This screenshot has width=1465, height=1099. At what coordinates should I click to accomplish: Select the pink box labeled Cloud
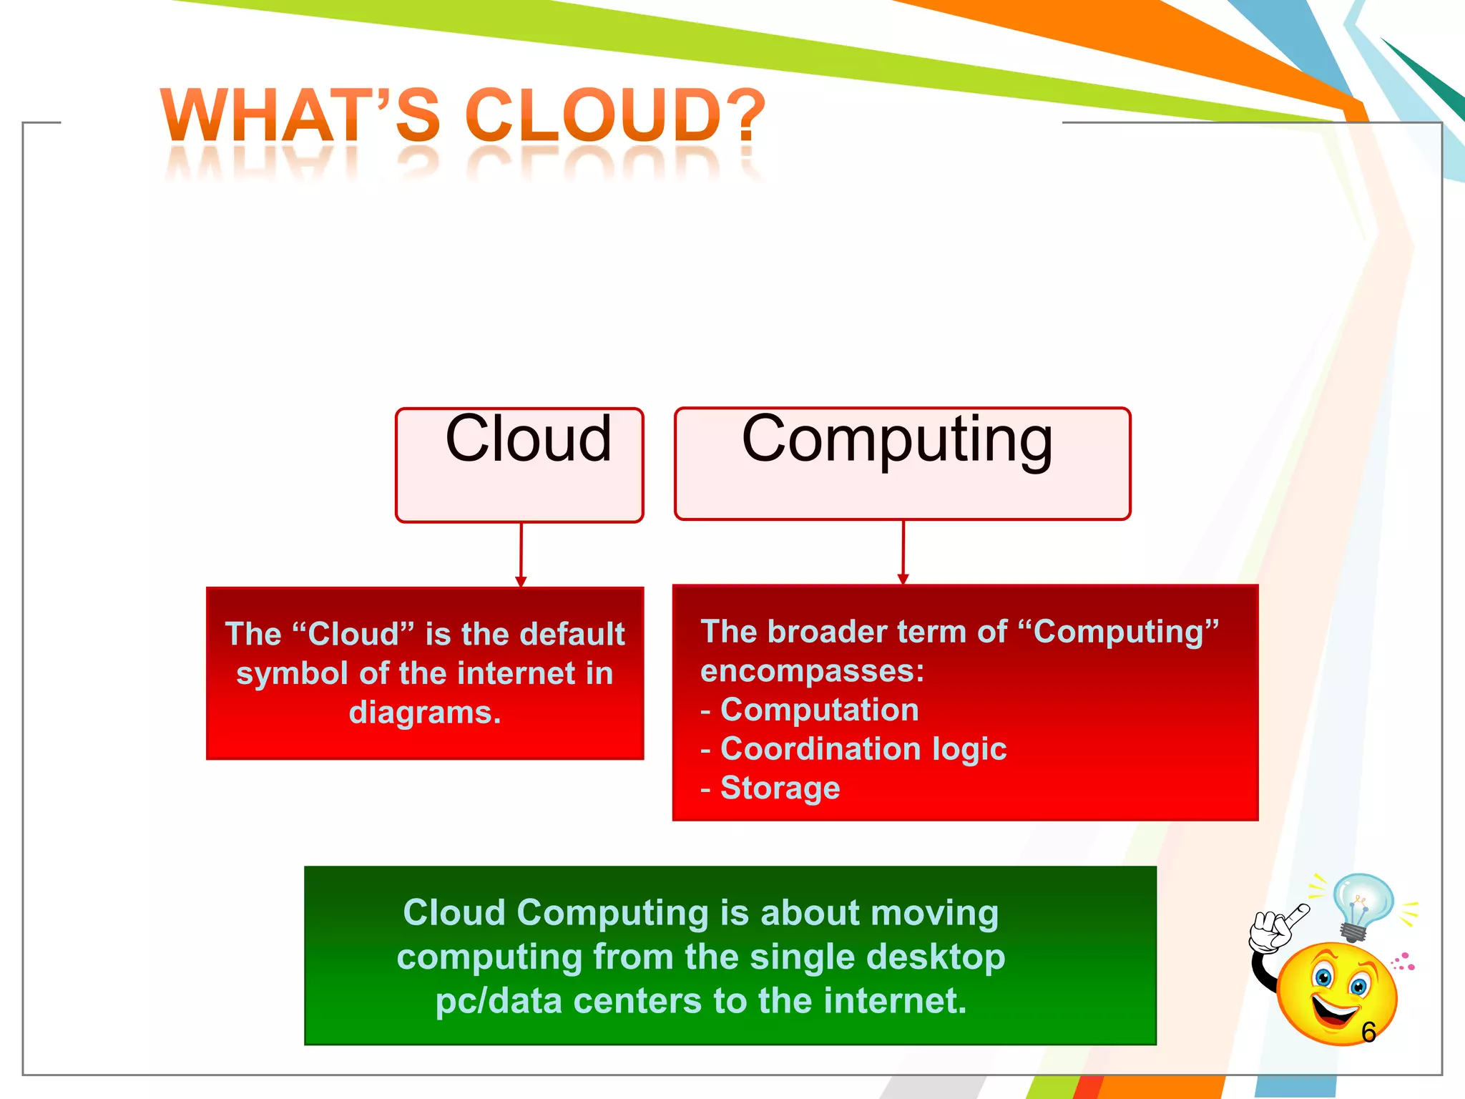520,465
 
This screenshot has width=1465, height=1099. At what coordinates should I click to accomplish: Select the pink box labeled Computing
902,464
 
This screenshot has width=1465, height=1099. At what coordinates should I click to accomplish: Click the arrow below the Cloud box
521,555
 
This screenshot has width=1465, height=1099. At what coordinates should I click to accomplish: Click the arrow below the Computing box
903,552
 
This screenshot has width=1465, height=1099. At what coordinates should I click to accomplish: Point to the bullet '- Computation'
810,710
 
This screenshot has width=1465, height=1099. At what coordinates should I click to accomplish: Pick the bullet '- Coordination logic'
853,748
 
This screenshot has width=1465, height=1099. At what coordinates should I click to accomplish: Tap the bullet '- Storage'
770,788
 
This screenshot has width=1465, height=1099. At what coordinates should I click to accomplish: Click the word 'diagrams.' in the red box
425,713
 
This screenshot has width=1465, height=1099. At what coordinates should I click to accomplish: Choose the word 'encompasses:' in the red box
812,671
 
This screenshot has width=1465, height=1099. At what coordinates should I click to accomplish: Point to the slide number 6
1368,1032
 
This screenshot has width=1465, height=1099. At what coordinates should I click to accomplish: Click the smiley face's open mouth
1334,1010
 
